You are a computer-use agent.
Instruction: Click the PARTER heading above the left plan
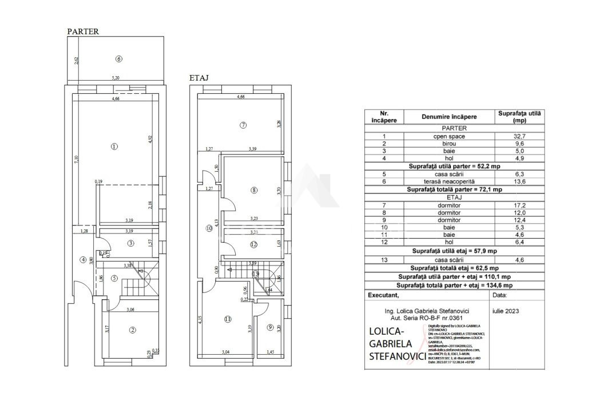click(83, 32)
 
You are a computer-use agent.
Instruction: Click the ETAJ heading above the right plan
click(199, 77)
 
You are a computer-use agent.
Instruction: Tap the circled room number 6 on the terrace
click(118, 58)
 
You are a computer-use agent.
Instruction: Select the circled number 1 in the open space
click(114, 146)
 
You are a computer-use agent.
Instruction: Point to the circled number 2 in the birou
click(133, 330)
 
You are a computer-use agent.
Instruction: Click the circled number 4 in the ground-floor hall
click(83, 259)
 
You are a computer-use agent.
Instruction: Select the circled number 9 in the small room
click(270, 327)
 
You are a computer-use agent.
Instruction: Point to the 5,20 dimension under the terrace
click(116, 78)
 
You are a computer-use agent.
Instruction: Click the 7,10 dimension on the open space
click(76, 162)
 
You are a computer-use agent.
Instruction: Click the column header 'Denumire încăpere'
click(449, 117)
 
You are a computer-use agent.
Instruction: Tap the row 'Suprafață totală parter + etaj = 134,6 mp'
click(454, 285)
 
